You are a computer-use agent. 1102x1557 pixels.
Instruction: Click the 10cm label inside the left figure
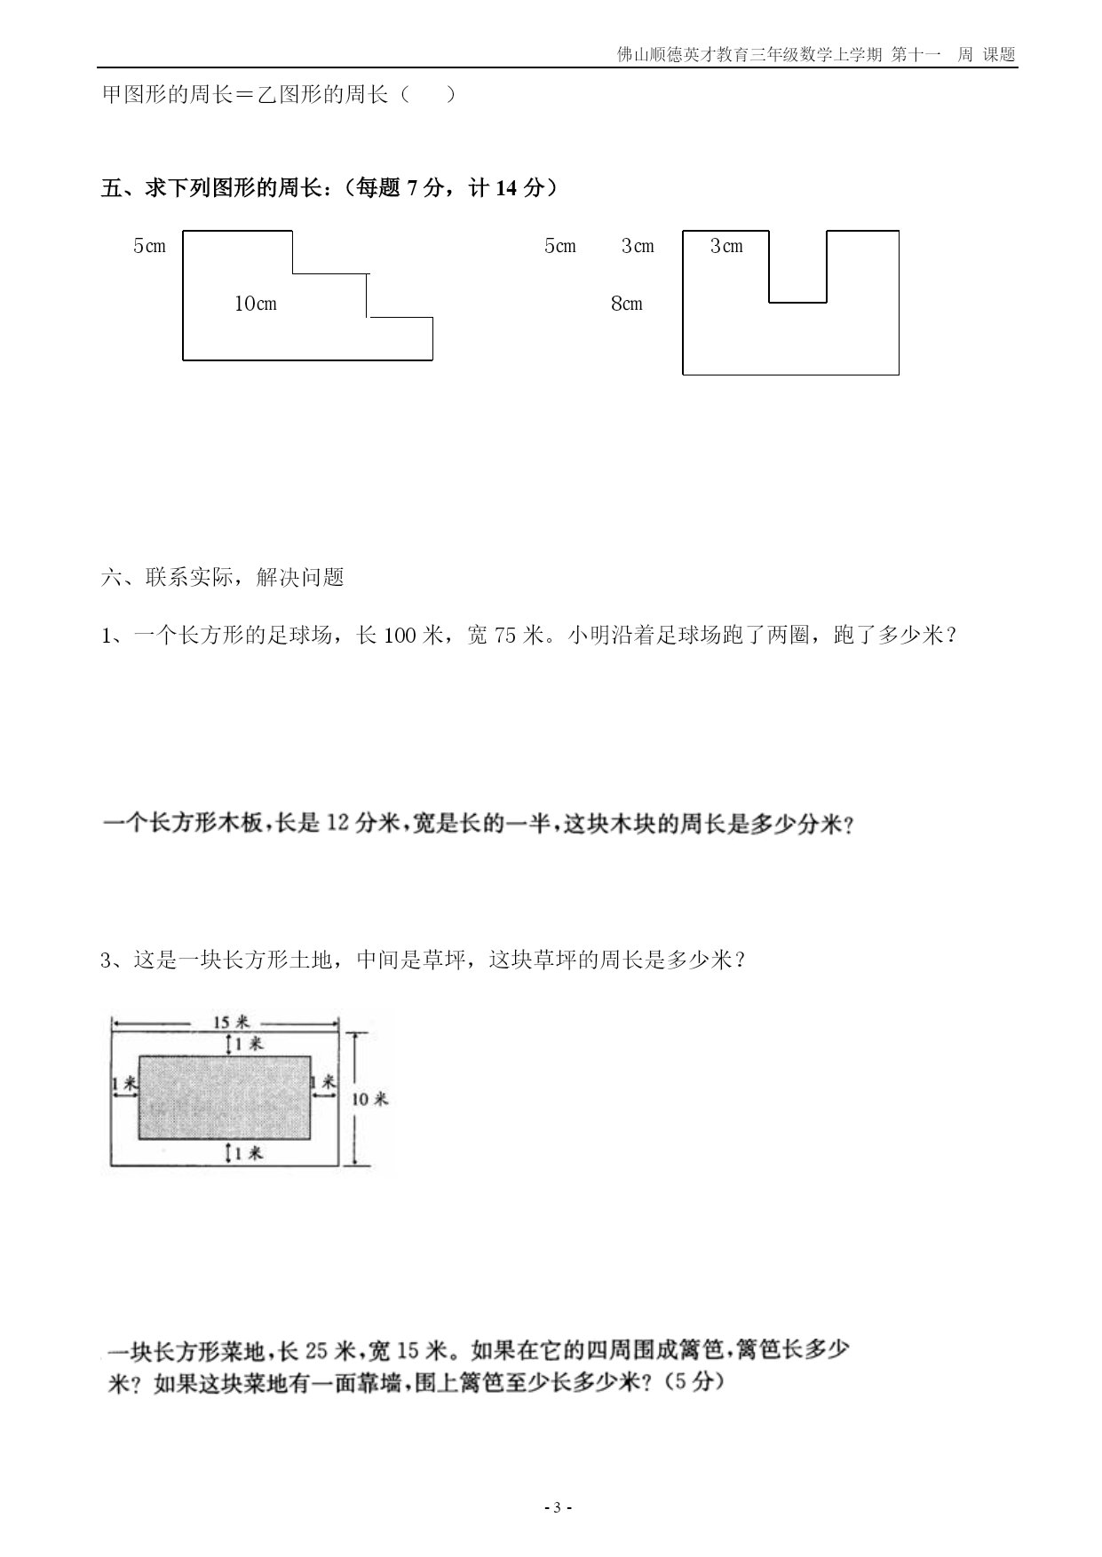pos(256,304)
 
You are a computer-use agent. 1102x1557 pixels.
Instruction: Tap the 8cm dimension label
pos(627,304)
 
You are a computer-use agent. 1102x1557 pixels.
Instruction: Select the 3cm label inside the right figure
pos(726,246)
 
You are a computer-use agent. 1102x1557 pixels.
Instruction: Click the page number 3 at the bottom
pos(557,1507)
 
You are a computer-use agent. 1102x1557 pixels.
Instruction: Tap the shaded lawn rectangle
pos(225,1097)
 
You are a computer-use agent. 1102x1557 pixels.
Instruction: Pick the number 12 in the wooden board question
pos(338,823)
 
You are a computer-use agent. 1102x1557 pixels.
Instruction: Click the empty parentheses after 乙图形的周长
pos(428,94)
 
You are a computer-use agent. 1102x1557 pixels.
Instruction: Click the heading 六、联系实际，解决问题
pos(223,578)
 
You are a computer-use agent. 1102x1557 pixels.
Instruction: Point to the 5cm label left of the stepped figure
pos(149,246)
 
